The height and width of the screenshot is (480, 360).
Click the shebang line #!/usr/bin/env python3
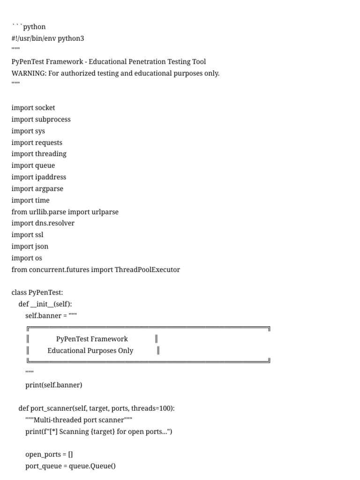tap(48, 38)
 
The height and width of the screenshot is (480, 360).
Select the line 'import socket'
tap(33, 108)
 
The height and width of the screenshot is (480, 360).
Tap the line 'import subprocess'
tap(41, 120)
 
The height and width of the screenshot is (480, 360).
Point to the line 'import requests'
tap(37, 142)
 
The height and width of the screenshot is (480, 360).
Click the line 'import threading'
tap(39, 154)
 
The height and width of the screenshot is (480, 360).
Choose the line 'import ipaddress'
tap(39, 177)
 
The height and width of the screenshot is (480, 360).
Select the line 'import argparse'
tap(37, 189)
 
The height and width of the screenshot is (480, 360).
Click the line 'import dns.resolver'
tap(43, 223)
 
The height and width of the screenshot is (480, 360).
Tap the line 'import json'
tap(30, 247)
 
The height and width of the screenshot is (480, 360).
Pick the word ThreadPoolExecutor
tap(147, 270)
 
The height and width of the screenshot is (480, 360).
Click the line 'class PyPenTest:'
tap(37, 292)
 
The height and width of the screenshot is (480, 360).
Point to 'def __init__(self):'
tap(45, 304)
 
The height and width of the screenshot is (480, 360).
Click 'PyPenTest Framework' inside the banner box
tap(92, 339)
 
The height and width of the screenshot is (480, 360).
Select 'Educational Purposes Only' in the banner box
tap(90, 351)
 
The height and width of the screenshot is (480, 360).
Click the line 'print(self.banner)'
tap(54, 385)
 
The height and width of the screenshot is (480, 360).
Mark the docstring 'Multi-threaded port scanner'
tap(79, 420)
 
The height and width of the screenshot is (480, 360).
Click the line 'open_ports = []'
tap(49, 455)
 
